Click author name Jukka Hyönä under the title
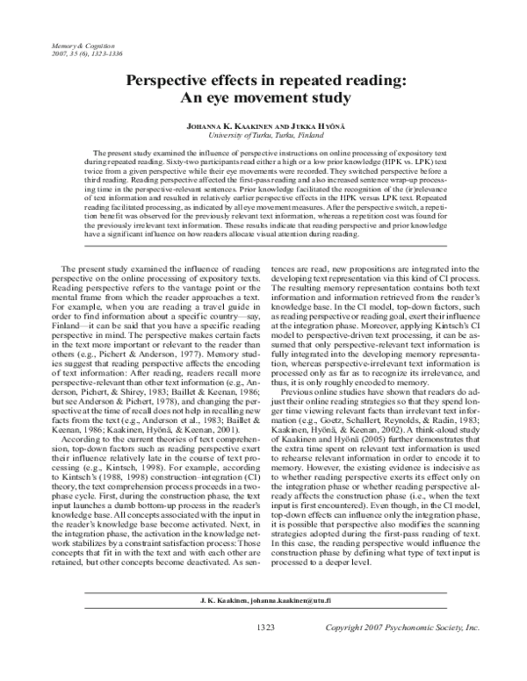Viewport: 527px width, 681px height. point(311,125)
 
